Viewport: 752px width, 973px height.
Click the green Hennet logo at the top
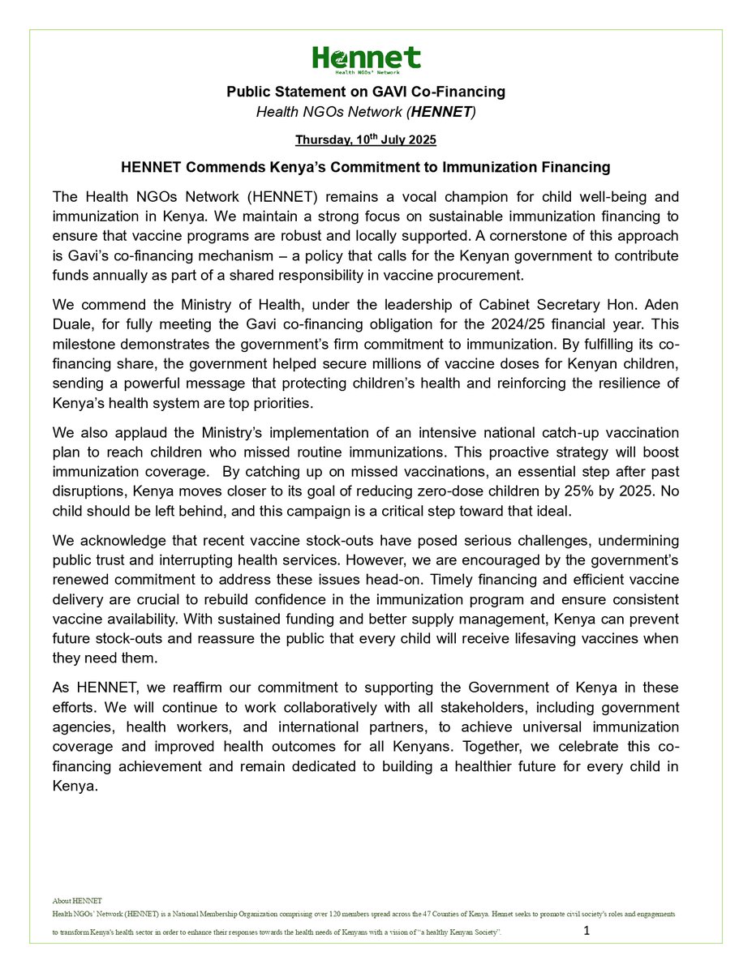pyautogui.click(x=367, y=58)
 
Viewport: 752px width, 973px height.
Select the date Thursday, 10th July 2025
pyautogui.click(x=366, y=140)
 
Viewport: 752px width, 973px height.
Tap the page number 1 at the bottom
pyautogui.click(x=587, y=932)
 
